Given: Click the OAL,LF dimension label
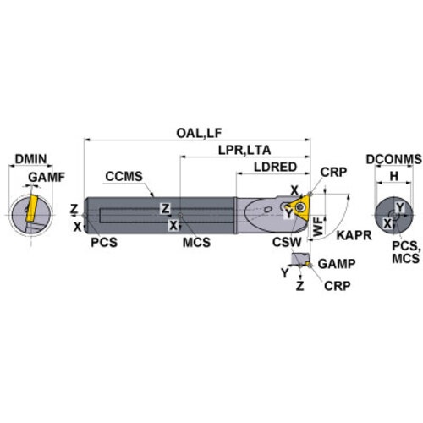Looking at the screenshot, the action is click(x=199, y=133).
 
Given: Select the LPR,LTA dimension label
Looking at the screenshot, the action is click(x=244, y=150).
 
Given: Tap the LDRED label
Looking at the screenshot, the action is click(x=276, y=167).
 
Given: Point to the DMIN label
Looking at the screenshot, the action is click(x=30, y=159).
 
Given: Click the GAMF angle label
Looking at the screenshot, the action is click(x=47, y=177).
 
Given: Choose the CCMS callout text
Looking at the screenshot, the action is click(x=124, y=176).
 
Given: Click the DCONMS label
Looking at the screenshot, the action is click(x=394, y=159).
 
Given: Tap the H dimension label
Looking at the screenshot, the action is click(x=394, y=176).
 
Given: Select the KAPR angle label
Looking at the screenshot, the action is click(x=354, y=235).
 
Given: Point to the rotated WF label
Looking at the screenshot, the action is click(x=318, y=227).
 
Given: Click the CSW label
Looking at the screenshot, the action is click(x=287, y=242).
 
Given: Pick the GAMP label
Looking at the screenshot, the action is click(x=337, y=264).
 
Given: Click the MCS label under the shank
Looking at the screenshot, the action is click(x=196, y=242).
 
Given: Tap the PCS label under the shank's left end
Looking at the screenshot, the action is click(x=104, y=242).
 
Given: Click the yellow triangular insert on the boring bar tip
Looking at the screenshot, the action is click(x=299, y=208).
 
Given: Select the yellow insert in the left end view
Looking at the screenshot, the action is click(x=31, y=208).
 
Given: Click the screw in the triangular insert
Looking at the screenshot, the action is click(x=299, y=208).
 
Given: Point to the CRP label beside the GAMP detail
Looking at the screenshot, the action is click(x=338, y=286).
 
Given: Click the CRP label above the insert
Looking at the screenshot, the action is click(x=333, y=172).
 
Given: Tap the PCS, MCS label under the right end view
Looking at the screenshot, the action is click(x=406, y=252).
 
